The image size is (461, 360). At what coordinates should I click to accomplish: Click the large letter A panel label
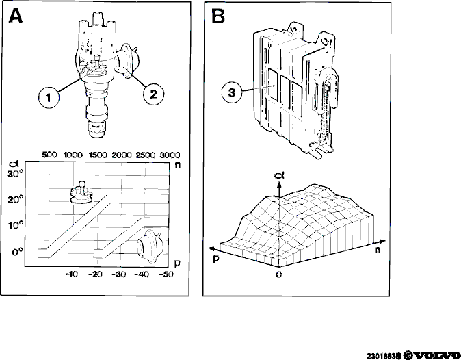pyautogui.click(x=16, y=16)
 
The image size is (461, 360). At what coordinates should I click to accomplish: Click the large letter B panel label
pyautogui.click(x=218, y=16)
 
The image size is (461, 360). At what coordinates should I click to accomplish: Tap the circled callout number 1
pyautogui.click(x=49, y=97)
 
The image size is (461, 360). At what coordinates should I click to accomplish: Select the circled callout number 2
pyautogui.click(x=153, y=94)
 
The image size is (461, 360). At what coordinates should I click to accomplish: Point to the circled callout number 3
pyautogui.click(x=232, y=92)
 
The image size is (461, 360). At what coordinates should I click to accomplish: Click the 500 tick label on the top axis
pyautogui.click(x=49, y=155)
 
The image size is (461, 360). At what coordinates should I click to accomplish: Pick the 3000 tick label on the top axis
pyautogui.click(x=170, y=155)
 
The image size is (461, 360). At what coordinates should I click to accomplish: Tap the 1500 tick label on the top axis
pyautogui.click(x=98, y=155)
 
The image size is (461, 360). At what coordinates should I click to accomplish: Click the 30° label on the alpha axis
pyautogui.click(x=15, y=174)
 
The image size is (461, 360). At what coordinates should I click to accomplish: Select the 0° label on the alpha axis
pyautogui.click(x=18, y=253)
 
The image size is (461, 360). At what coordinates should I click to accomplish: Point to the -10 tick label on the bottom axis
pyautogui.click(x=72, y=274)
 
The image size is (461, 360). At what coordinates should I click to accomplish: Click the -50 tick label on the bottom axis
pyautogui.click(x=166, y=274)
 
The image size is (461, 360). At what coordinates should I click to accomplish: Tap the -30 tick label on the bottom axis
pyautogui.click(x=119, y=274)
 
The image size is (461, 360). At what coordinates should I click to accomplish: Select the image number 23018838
pyautogui.click(x=384, y=356)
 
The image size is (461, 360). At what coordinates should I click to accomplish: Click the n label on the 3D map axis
pyautogui.click(x=378, y=250)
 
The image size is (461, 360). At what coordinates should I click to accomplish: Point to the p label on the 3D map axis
pyautogui.click(x=216, y=259)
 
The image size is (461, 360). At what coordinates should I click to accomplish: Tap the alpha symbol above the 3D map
pyautogui.click(x=279, y=176)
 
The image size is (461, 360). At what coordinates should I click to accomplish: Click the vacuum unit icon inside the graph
pyautogui.click(x=149, y=246)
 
